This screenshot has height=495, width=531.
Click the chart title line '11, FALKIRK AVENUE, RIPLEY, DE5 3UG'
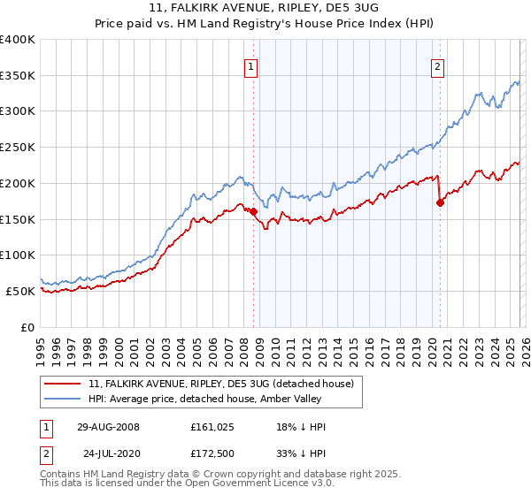(x=265, y=8)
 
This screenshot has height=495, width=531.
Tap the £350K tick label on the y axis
(x=18, y=76)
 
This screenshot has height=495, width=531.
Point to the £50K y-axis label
(x=20, y=291)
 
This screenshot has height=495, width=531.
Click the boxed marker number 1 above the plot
(x=250, y=65)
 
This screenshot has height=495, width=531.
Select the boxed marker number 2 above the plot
(x=437, y=65)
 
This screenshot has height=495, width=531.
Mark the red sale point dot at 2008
(x=253, y=211)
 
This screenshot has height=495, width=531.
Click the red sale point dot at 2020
(x=440, y=202)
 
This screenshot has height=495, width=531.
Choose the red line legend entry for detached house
(x=221, y=384)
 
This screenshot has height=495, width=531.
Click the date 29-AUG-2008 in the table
(x=108, y=427)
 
